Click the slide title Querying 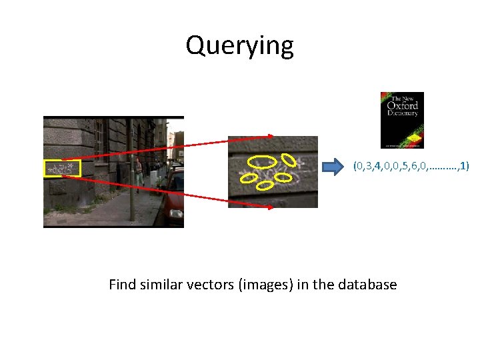point(239,46)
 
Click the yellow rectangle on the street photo point(62,169)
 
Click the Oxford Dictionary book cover point(402,120)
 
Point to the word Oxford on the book point(402,105)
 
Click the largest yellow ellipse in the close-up point(262,161)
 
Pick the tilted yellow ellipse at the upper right point(289,159)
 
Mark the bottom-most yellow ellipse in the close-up point(265,185)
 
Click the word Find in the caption point(122,285)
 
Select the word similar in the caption point(163,285)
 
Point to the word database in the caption point(367,285)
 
